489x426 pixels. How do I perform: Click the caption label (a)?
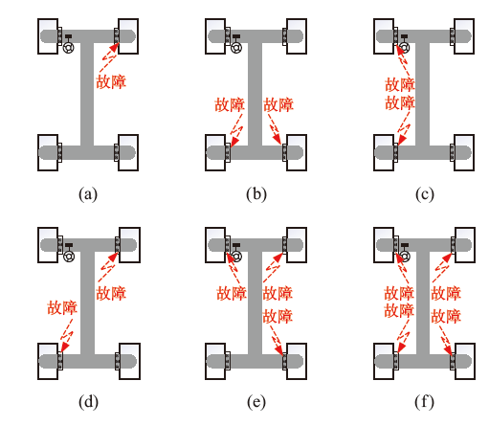[x=88, y=194]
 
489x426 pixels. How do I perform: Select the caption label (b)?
[x=256, y=194]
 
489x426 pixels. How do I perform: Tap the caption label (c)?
[x=425, y=194]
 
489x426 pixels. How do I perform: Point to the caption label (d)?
[x=88, y=402]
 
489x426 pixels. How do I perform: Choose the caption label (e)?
[x=256, y=402]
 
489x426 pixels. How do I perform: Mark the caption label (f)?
[x=424, y=402]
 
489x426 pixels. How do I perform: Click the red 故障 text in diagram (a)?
[x=111, y=81]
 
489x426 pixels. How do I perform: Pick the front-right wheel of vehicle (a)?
[x=128, y=36]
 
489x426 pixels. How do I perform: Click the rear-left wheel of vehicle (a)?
[x=48, y=152]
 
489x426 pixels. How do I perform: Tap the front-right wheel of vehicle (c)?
[x=464, y=36]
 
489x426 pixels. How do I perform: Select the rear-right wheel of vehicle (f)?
[x=465, y=361]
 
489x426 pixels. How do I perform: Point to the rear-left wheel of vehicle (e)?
[x=215, y=361]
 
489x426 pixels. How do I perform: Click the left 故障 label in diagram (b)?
[x=230, y=104]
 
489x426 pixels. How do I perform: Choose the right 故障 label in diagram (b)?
[x=278, y=104]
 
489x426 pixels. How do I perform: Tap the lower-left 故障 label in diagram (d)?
[x=62, y=307]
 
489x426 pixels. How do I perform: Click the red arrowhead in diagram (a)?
[x=114, y=48]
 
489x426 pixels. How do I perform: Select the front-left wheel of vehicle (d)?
[x=48, y=245]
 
